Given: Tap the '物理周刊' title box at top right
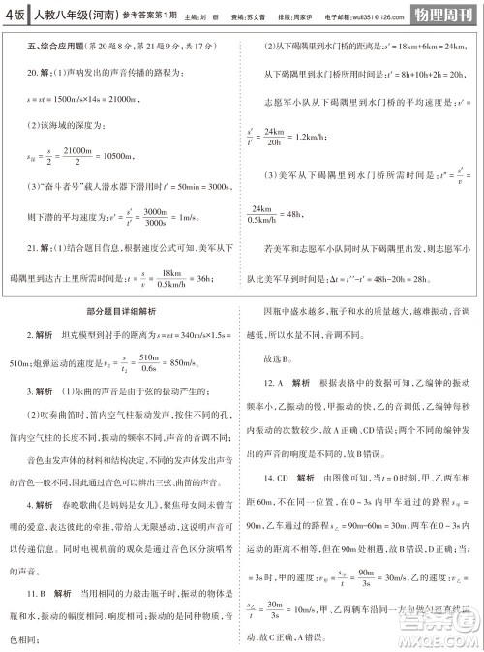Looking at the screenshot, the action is (x=441, y=14).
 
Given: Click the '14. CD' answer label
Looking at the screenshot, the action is (x=283, y=478).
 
